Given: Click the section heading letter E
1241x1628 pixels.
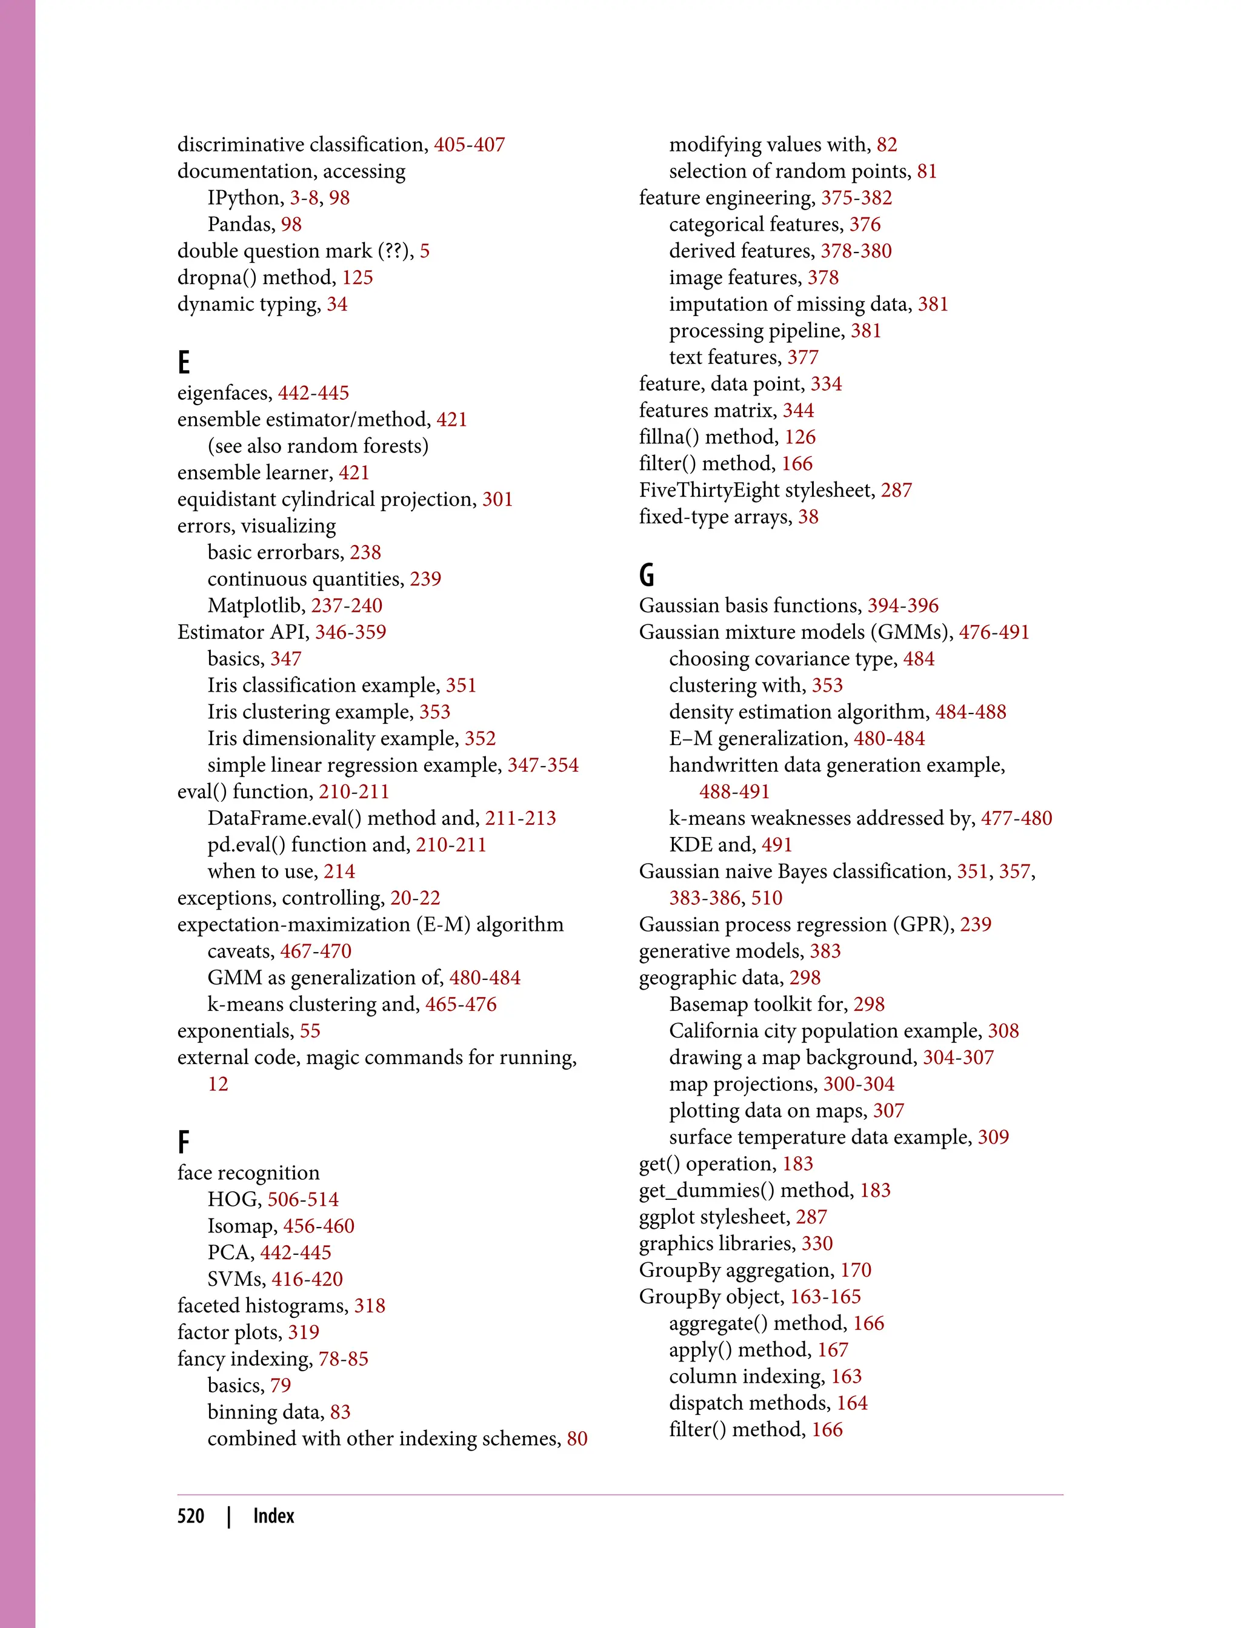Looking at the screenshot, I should (184, 363).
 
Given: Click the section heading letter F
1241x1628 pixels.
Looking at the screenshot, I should (184, 1142).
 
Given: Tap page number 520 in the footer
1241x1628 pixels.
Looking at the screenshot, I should (191, 1517).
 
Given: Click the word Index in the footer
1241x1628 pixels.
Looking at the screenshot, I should (273, 1517).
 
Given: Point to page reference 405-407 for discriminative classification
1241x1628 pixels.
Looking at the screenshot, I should (469, 145).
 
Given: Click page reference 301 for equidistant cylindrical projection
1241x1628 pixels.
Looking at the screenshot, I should (497, 499).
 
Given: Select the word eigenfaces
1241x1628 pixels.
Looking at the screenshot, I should (224, 393).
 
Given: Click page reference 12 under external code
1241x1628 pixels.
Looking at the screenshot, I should (218, 1084).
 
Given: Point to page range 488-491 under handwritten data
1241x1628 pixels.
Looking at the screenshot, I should (734, 792).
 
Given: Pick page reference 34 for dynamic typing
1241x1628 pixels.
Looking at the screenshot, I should (337, 304).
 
